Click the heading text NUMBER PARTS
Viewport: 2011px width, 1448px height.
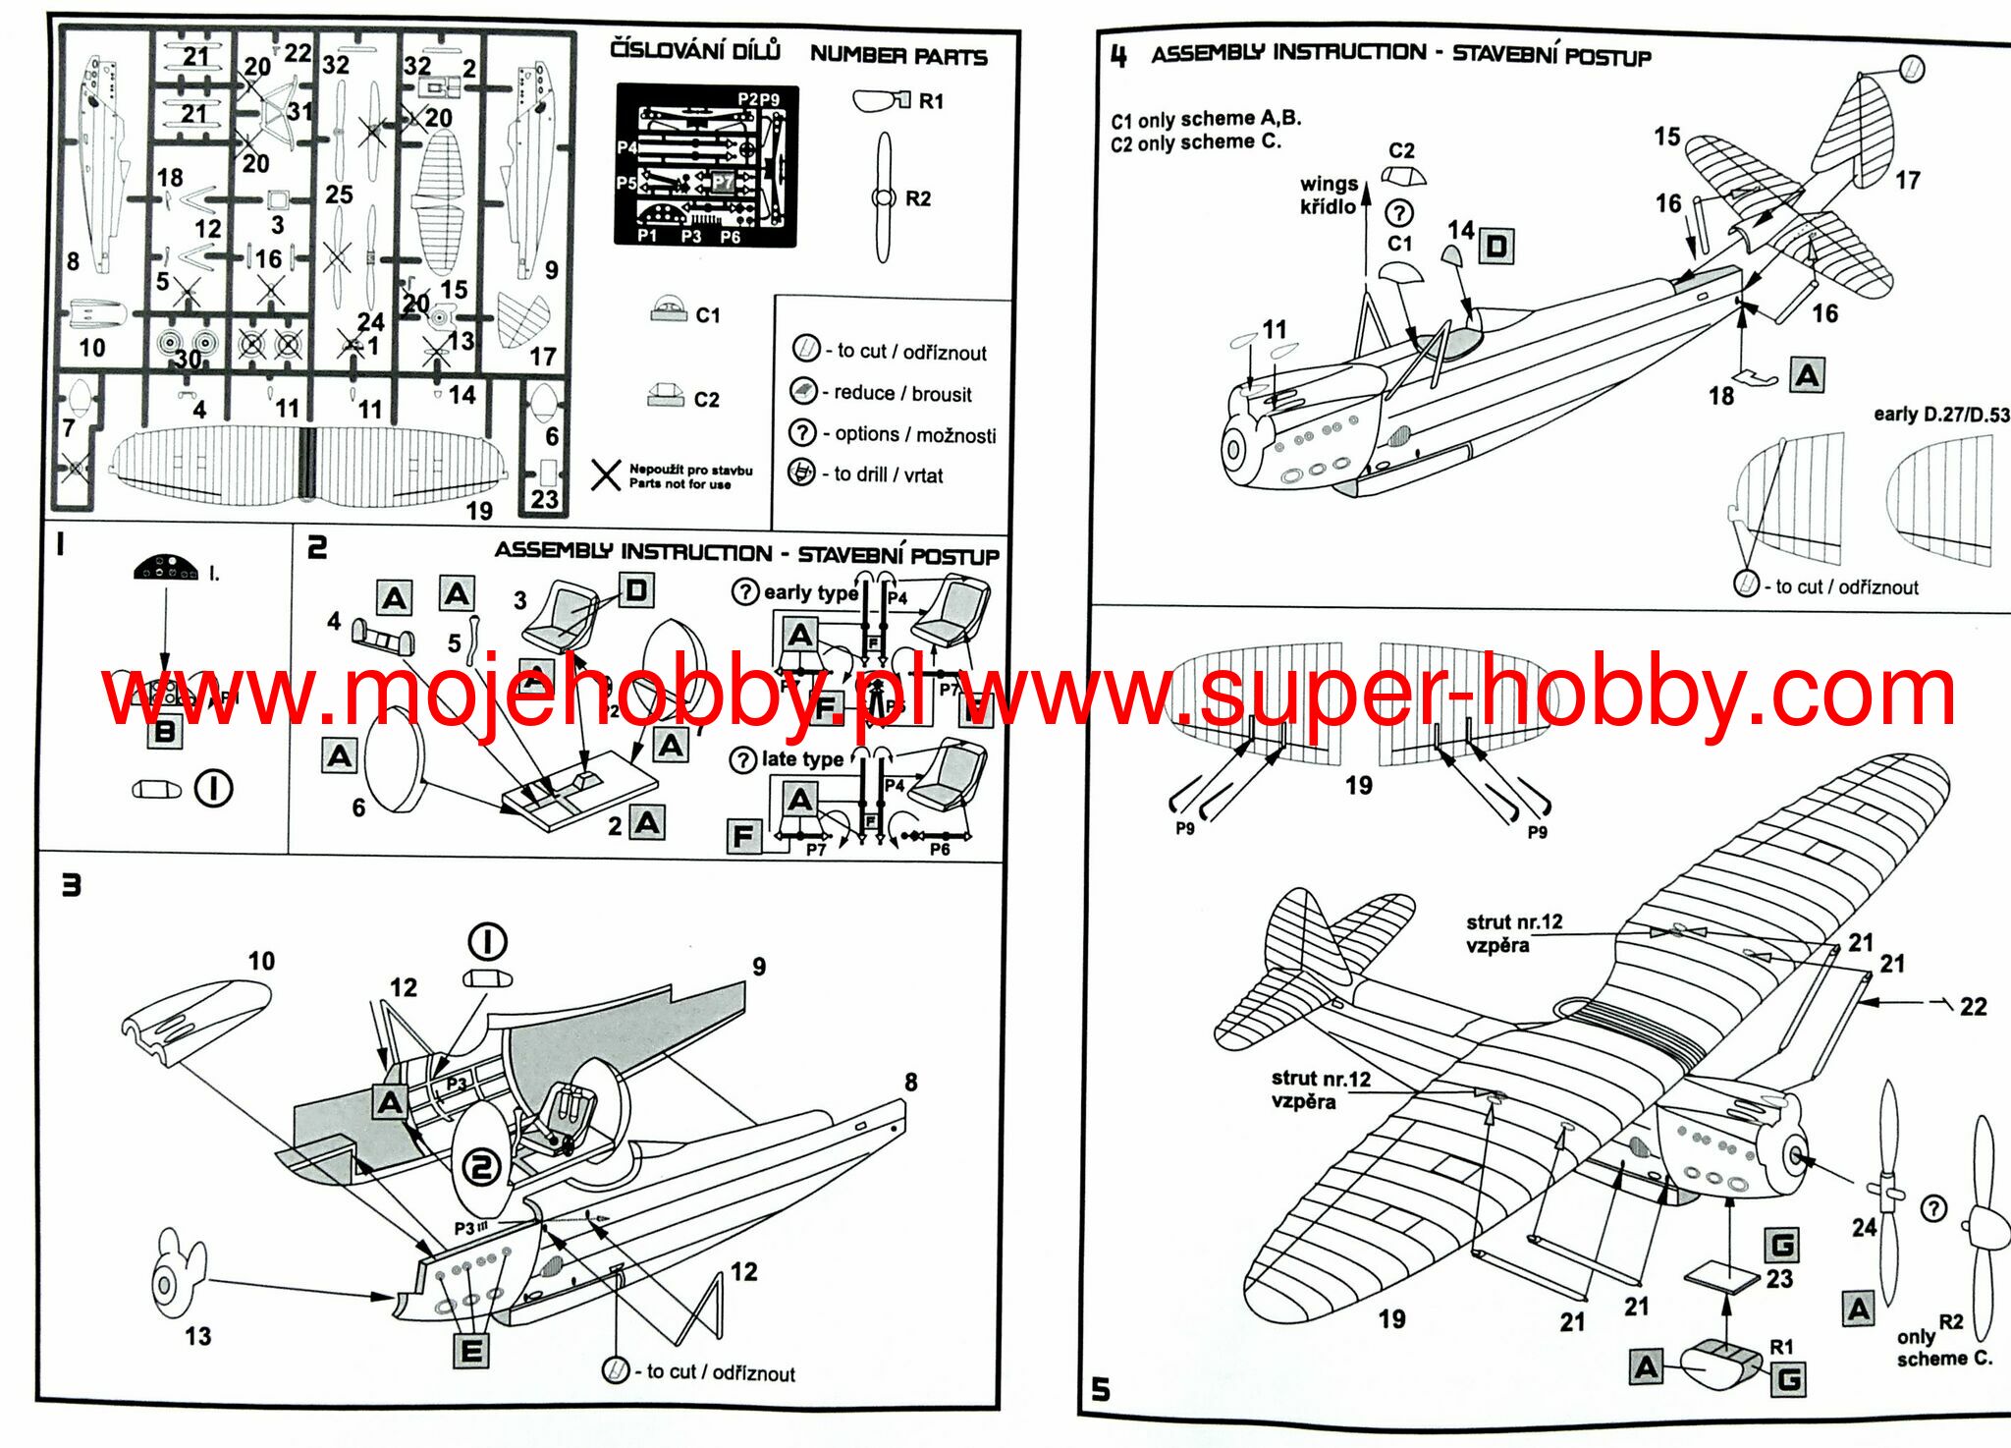tap(897, 56)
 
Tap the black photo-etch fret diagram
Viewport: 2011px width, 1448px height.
tap(706, 165)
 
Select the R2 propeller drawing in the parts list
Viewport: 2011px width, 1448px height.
tap(884, 197)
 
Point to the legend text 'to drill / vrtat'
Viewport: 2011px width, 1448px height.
tap(888, 474)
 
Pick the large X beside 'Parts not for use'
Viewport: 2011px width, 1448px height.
tap(606, 475)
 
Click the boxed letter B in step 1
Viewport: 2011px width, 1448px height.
tap(164, 731)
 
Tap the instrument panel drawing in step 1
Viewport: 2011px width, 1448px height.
tap(166, 567)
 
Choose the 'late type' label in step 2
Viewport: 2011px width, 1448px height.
tap(801, 759)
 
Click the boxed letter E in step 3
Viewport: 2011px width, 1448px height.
tap(471, 1351)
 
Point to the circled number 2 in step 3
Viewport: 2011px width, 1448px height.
tap(481, 1168)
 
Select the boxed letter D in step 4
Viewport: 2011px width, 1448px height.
tap(1495, 246)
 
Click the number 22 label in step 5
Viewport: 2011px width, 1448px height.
tap(1973, 1007)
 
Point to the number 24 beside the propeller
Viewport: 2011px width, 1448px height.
tap(1864, 1227)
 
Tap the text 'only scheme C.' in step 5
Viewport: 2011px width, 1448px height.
tap(1943, 1348)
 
